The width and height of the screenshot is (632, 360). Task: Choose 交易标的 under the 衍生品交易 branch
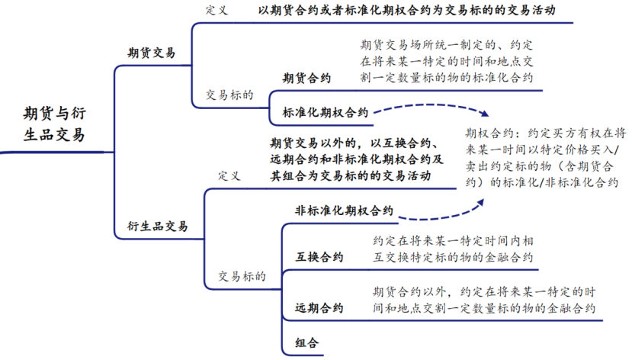[242, 276]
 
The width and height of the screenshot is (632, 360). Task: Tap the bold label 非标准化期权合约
[344, 211]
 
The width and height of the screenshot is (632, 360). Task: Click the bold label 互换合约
[319, 256]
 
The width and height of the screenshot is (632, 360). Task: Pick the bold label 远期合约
[319, 308]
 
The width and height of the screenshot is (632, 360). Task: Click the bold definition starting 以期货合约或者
[406, 11]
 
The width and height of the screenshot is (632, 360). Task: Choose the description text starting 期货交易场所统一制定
[449, 61]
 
